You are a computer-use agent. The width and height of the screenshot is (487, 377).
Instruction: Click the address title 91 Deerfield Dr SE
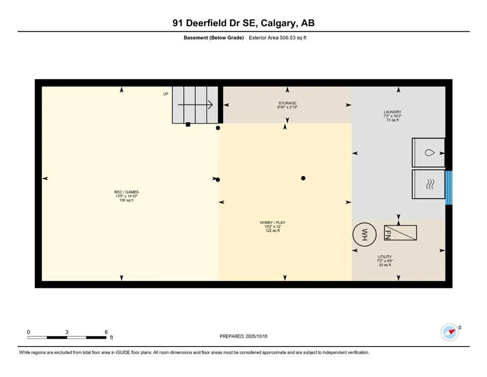[243, 23]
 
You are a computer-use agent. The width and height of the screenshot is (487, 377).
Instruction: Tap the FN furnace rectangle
[400, 233]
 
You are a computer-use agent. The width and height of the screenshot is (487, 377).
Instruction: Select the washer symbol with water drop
[428, 153]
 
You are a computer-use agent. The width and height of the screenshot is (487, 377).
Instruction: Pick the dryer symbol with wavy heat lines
[428, 184]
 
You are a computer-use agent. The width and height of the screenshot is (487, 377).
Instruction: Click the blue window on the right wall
[448, 187]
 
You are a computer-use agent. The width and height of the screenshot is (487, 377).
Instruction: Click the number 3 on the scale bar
[67, 332]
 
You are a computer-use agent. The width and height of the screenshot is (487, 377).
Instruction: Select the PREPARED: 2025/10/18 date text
[243, 336]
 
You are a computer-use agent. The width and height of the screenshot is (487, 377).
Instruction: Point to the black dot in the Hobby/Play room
[303, 178]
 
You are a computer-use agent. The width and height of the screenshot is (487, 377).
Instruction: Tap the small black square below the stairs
[188, 125]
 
